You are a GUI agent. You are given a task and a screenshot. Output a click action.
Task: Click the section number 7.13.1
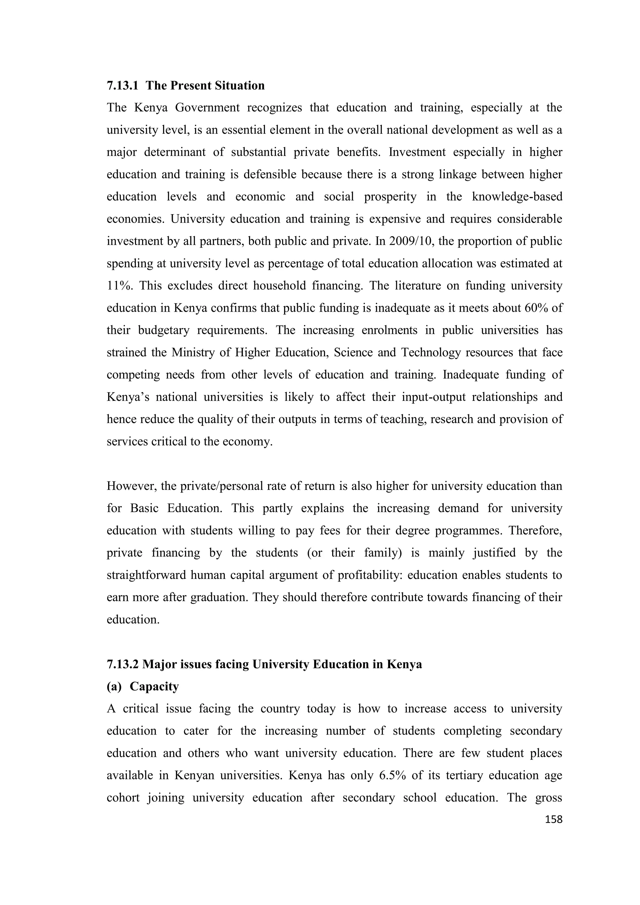tap(122, 86)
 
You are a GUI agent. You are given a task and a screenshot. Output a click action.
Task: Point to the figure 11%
tap(119, 286)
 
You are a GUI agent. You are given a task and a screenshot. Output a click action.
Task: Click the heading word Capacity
tap(154, 686)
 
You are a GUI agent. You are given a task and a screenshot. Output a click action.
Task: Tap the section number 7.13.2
tap(122, 664)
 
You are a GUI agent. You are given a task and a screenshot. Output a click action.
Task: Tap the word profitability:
tap(370, 575)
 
